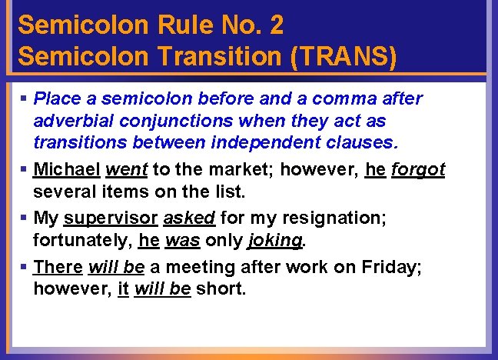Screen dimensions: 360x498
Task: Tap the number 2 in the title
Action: pos(276,25)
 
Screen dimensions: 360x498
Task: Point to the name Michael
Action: pos(66,169)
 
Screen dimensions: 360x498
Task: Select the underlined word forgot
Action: pos(417,169)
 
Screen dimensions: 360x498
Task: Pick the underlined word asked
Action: pos(188,218)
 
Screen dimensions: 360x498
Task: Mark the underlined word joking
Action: pos(274,240)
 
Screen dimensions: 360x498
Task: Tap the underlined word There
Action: pos(58,268)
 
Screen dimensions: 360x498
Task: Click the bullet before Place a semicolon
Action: pos(24,99)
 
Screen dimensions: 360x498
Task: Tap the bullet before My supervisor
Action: pos(24,218)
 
